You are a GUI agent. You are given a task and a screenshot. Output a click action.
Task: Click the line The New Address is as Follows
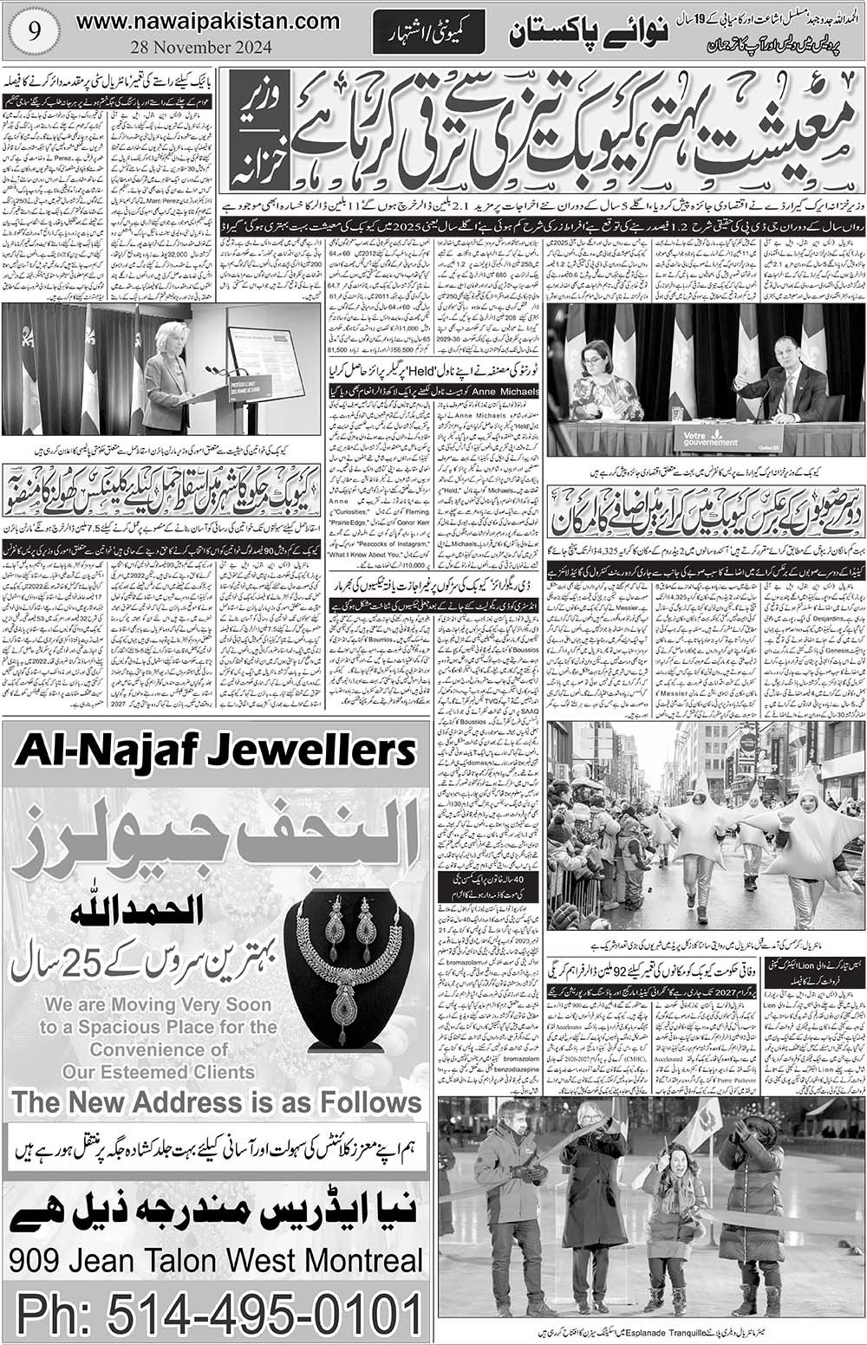tap(217, 1102)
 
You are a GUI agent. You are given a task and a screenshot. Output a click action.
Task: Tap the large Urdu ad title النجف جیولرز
tap(216, 830)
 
